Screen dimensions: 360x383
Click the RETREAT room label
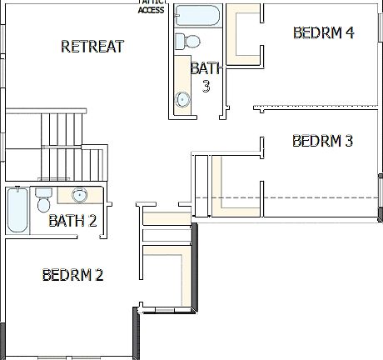[x=92, y=47]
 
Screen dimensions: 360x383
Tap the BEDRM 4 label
[x=324, y=32]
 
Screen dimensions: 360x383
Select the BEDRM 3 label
[x=323, y=141]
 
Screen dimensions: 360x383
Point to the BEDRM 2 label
[x=72, y=274]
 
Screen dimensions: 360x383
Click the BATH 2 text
[x=72, y=221]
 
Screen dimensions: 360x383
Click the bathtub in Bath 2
[x=17, y=210]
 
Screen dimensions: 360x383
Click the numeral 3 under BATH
[x=206, y=84]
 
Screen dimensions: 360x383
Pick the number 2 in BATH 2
[x=93, y=221]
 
